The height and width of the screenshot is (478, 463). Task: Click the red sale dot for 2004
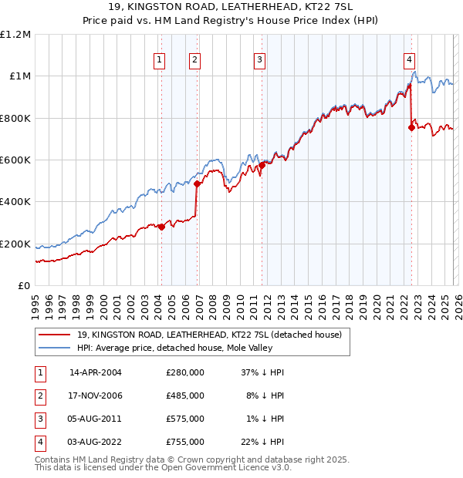[161, 227]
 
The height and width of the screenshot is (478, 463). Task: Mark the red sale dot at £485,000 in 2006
[197, 184]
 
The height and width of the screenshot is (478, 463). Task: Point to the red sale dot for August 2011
[262, 165]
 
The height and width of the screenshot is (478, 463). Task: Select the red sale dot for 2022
[411, 128]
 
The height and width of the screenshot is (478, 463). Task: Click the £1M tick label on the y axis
[19, 76]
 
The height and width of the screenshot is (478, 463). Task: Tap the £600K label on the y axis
[15, 160]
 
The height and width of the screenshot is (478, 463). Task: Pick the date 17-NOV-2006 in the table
[96, 396]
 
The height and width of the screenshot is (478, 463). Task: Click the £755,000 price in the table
[185, 442]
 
